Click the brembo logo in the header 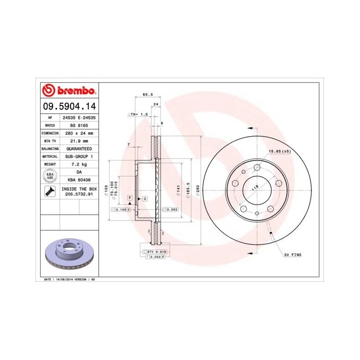coord(68,91)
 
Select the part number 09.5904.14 coord(68,106)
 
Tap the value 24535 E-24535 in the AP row coord(79,117)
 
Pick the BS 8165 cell coord(79,125)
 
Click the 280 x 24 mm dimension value coord(79,133)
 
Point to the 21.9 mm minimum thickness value coord(79,140)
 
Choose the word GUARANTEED coord(79,148)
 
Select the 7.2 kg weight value coord(79,164)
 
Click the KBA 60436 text coord(79,179)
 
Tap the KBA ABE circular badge coord(50,175)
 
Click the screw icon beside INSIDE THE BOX coord(50,192)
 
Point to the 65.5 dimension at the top coord(148,95)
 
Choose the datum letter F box coord(130,198)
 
